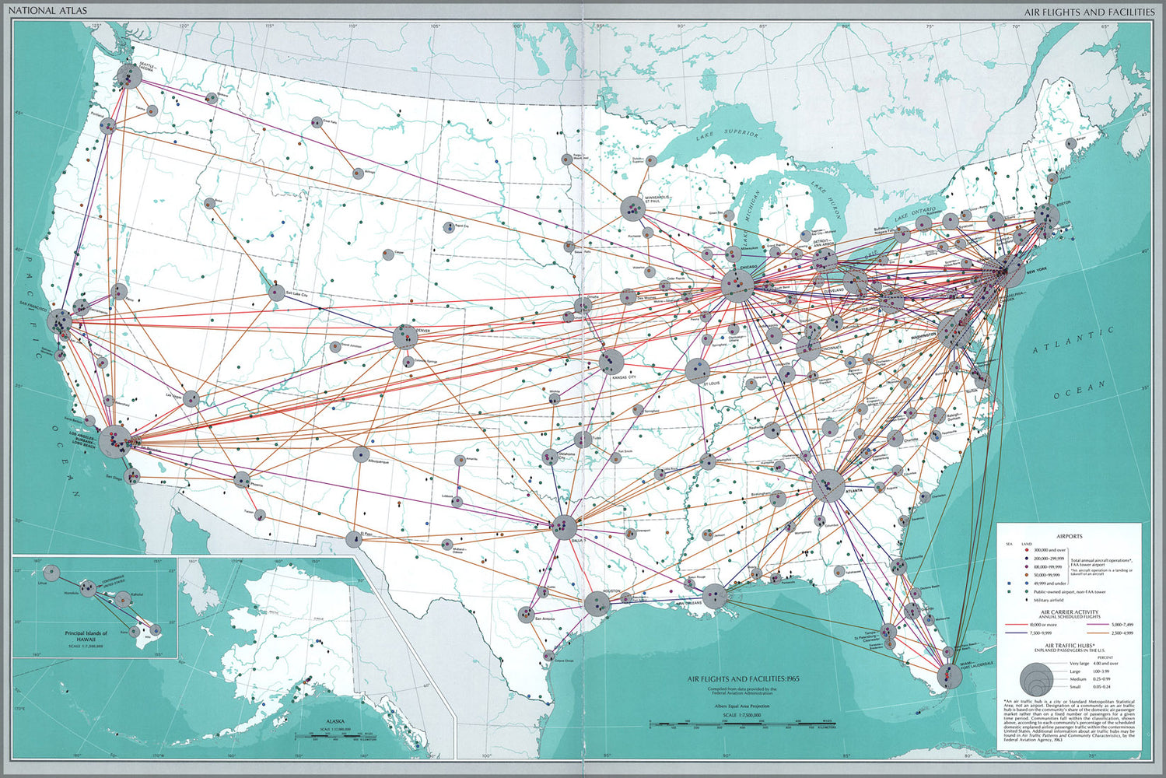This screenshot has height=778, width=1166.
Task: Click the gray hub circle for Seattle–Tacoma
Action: (128, 76)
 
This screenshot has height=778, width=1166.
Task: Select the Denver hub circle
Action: (405, 337)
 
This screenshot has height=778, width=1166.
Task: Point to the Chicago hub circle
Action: (736, 286)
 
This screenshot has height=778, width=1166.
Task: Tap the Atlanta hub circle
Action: (828, 485)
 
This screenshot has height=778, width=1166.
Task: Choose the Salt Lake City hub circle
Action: (276, 293)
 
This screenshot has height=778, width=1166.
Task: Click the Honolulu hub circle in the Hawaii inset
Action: (89, 588)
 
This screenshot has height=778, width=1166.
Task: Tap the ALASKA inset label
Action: (335, 721)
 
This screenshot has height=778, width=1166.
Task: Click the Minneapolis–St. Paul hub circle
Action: (632, 209)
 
